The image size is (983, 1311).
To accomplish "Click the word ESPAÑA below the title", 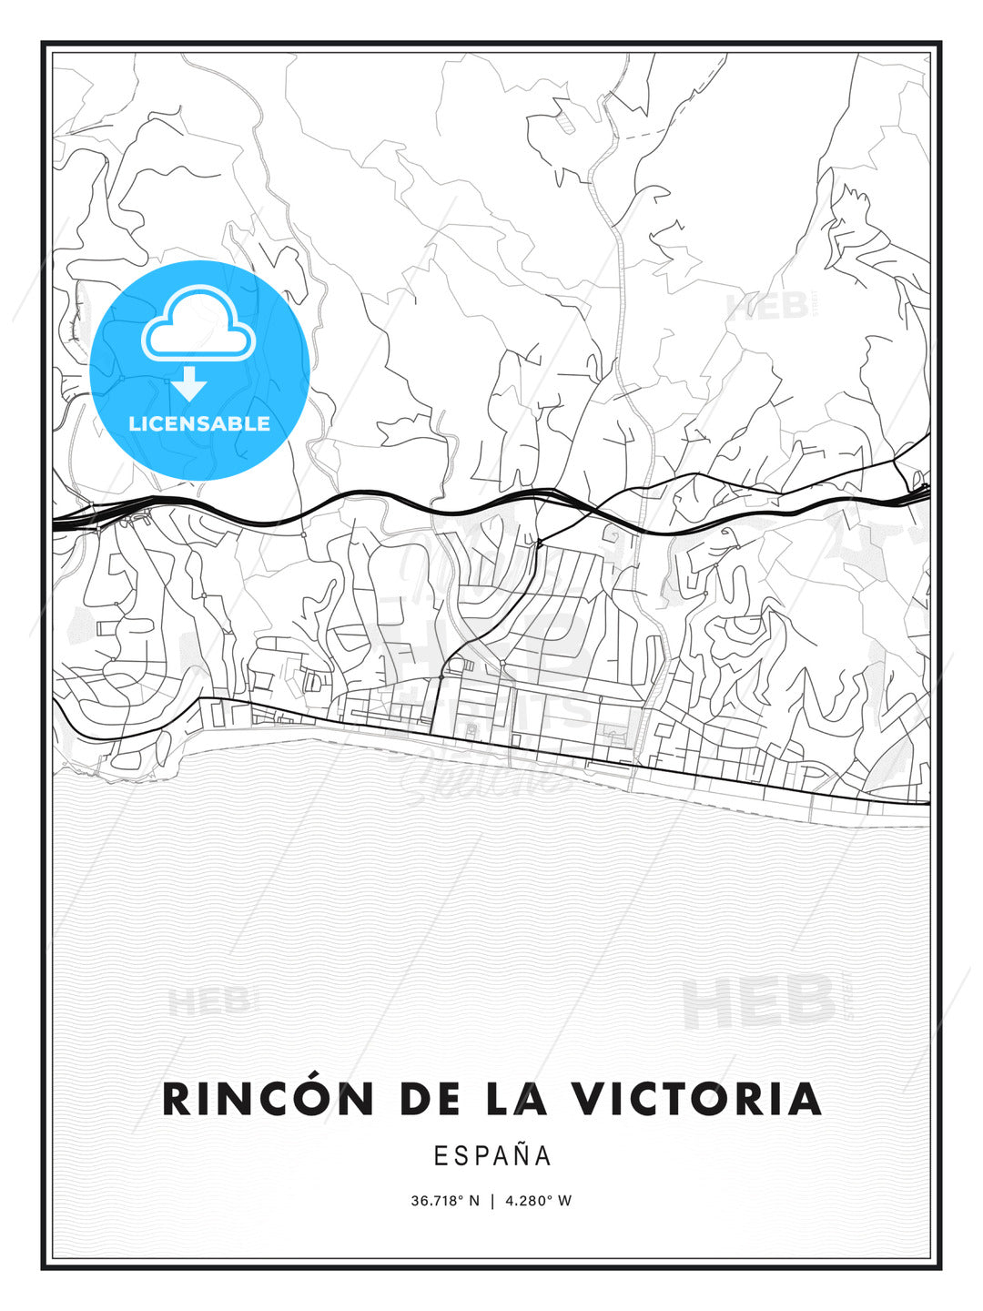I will [x=492, y=1156].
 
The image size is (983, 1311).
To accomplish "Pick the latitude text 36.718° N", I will [x=445, y=1201].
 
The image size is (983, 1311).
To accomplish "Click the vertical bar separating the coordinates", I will [x=492, y=1201].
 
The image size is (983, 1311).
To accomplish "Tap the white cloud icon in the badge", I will [x=197, y=323].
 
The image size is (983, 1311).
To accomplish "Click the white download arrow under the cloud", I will [x=190, y=384].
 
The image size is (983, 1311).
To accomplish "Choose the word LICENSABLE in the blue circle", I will [x=199, y=423].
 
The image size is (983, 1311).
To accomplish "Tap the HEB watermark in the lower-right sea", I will [x=759, y=1001].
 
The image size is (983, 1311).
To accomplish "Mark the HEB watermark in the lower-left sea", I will [x=208, y=1002].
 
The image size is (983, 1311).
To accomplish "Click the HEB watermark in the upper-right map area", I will [x=767, y=308].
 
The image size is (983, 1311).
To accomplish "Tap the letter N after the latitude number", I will [x=474, y=1201].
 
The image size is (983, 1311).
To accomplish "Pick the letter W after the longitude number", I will [x=565, y=1201].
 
